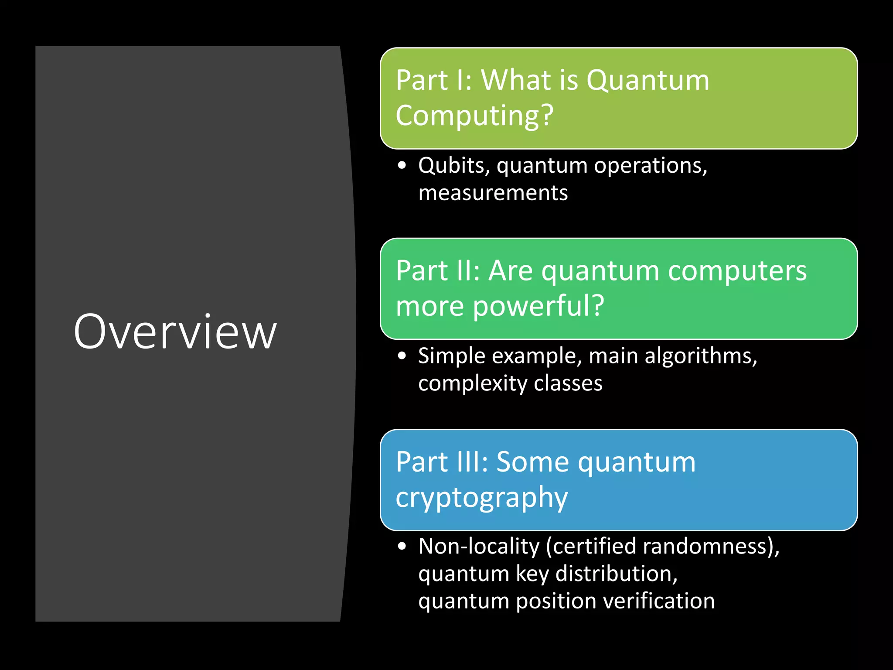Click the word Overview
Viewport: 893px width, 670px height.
(x=175, y=332)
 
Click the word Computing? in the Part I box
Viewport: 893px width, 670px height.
(x=474, y=116)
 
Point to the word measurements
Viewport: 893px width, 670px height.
(x=493, y=193)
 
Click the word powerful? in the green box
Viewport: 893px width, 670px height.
(x=539, y=306)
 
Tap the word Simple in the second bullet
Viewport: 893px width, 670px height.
(x=451, y=356)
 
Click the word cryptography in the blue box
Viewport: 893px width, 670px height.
(x=481, y=497)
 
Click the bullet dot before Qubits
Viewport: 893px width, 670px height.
(x=402, y=166)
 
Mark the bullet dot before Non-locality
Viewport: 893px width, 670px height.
(x=402, y=547)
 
